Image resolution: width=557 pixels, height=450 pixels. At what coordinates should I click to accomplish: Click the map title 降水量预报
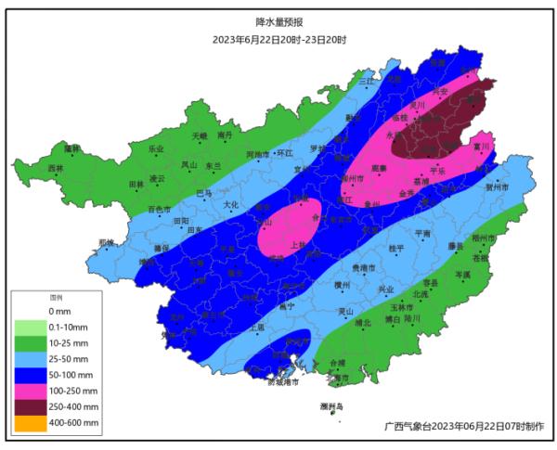278,20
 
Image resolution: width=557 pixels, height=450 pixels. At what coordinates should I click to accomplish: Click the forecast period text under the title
278,39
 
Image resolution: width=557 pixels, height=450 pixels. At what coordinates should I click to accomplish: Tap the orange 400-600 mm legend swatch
28,424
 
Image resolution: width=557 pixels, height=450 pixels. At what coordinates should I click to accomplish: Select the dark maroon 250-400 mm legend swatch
28,407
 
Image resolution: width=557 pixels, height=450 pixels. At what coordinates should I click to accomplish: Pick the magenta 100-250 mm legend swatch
28,392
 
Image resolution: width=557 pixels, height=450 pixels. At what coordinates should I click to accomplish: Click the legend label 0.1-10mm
68,327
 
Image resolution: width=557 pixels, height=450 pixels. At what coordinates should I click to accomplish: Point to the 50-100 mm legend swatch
28,375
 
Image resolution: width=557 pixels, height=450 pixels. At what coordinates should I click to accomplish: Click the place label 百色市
159,210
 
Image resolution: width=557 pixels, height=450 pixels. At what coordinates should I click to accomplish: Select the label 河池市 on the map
257,154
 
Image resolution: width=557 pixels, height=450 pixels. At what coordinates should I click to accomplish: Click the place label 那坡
106,243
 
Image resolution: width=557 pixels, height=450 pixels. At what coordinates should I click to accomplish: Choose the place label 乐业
155,148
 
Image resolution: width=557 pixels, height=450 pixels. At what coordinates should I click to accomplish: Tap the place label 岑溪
462,275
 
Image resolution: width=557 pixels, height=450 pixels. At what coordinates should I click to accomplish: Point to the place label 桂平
396,248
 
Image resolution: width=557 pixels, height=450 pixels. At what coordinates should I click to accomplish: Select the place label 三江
365,82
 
